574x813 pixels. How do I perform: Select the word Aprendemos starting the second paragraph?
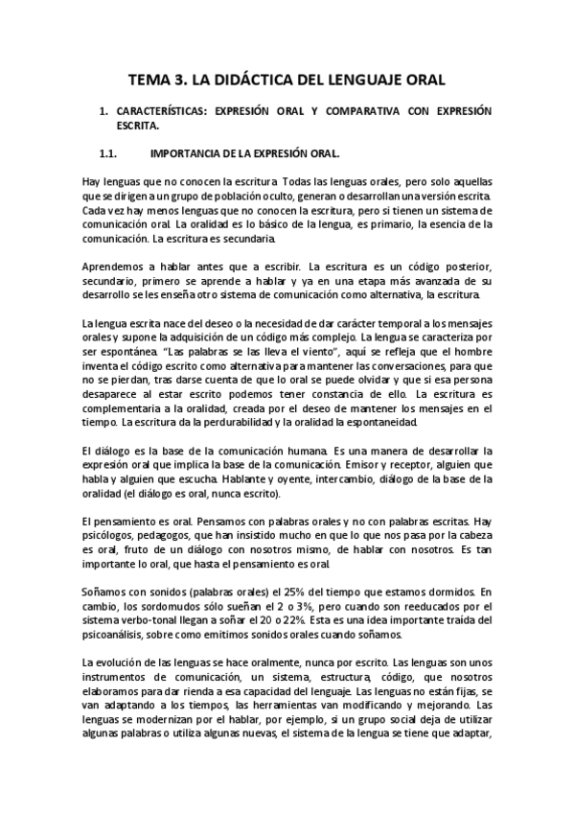coord(115,264)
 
